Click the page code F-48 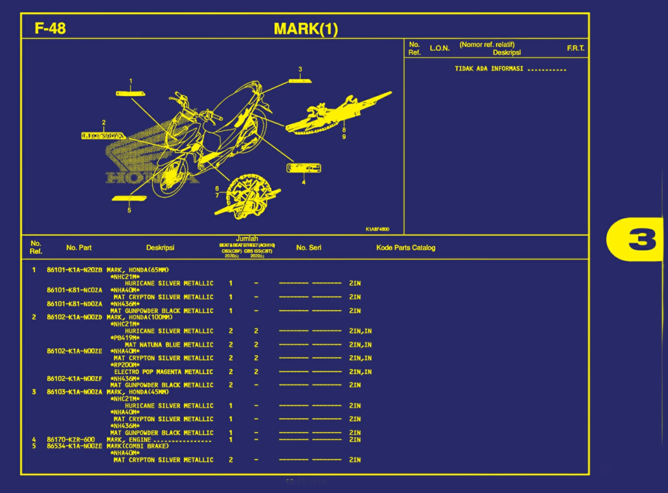click(x=50, y=28)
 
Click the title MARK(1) click(x=306, y=29)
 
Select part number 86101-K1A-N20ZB click(x=74, y=270)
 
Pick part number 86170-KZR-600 click(x=71, y=439)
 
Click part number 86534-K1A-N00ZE click(x=74, y=446)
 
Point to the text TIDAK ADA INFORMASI click(x=489, y=69)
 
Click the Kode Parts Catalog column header click(x=406, y=248)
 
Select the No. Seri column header click(x=309, y=248)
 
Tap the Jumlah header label click(x=247, y=239)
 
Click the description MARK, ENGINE click(x=129, y=440)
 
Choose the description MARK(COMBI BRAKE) click(x=138, y=446)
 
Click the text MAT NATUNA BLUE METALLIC click(x=169, y=345)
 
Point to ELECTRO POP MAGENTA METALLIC click(x=164, y=372)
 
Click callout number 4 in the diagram click(x=303, y=182)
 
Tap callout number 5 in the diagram click(x=129, y=210)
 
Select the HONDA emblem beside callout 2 click(x=103, y=136)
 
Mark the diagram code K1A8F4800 click(x=377, y=229)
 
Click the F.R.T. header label click(x=575, y=48)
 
